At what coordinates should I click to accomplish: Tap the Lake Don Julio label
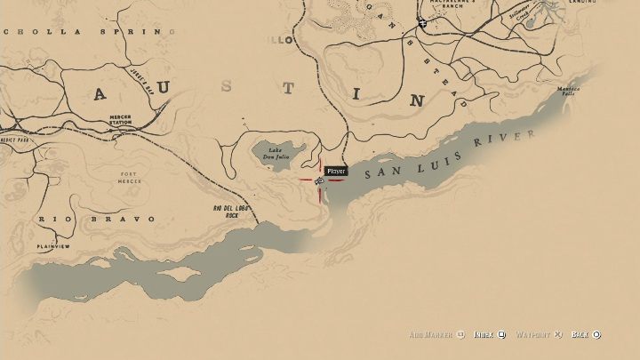point(276,153)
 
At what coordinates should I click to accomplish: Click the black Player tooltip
point(336,171)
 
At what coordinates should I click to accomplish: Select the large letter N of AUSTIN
point(416,100)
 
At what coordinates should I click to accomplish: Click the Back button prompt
point(585,334)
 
